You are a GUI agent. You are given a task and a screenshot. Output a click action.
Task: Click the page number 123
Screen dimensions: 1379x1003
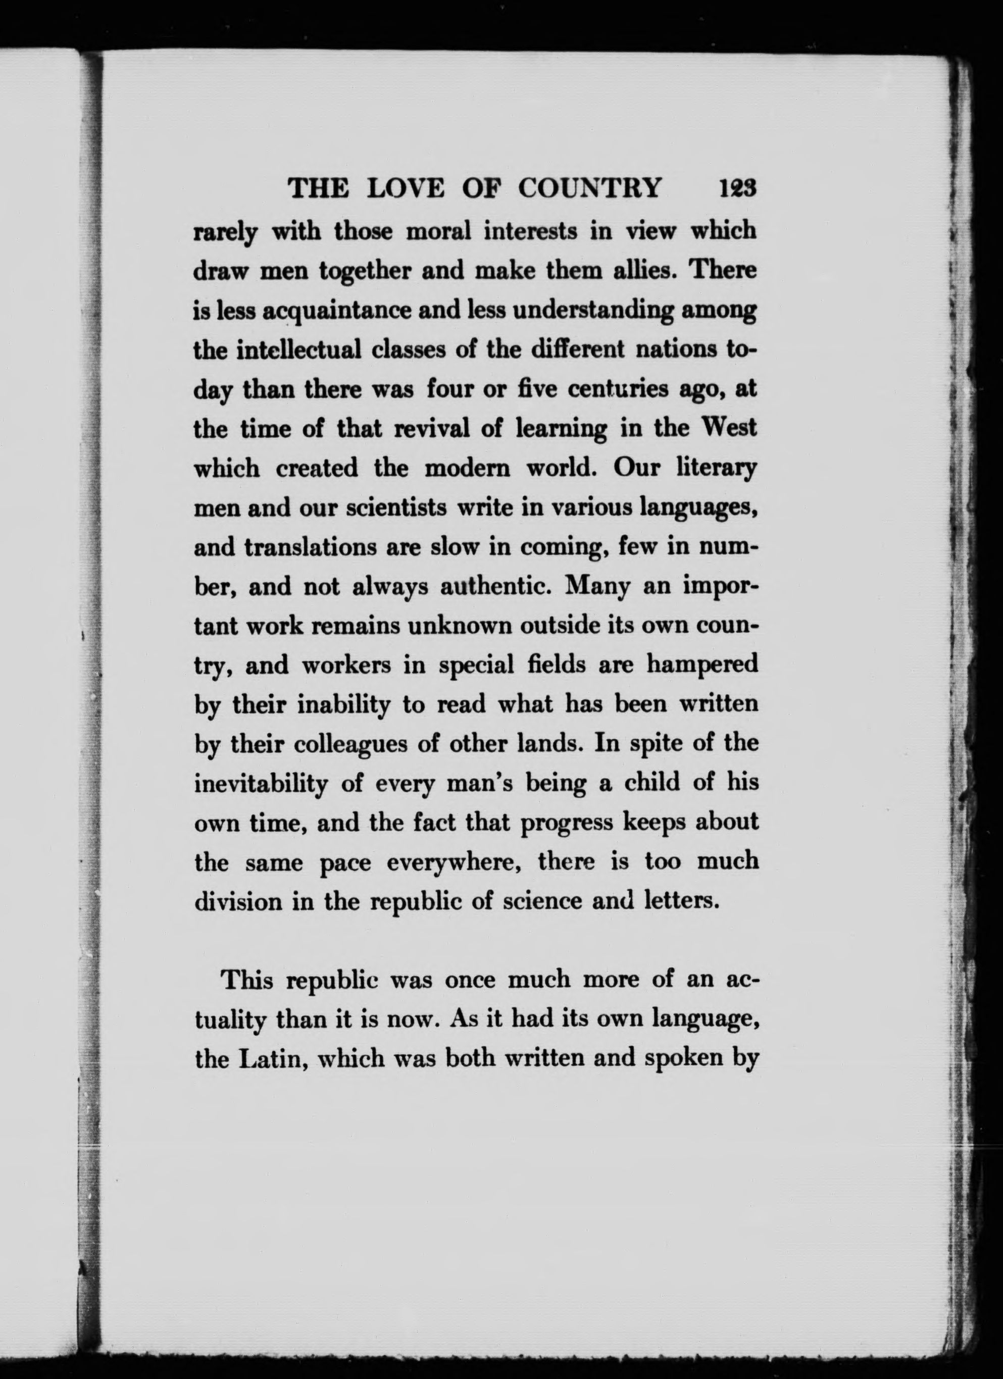(736, 188)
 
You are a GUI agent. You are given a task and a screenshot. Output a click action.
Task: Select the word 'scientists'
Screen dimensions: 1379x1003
(395, 508)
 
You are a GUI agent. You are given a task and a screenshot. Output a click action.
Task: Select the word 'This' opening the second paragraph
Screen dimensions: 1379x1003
(246, 981)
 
